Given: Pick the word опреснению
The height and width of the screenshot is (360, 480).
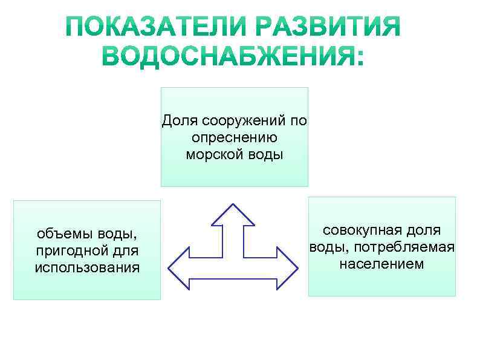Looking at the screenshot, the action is (234, 138).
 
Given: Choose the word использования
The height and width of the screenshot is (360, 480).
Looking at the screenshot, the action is (87, 267).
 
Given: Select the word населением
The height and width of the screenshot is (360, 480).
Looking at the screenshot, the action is (381, 264).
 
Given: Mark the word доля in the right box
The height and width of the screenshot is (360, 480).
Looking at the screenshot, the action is (423, 230).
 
